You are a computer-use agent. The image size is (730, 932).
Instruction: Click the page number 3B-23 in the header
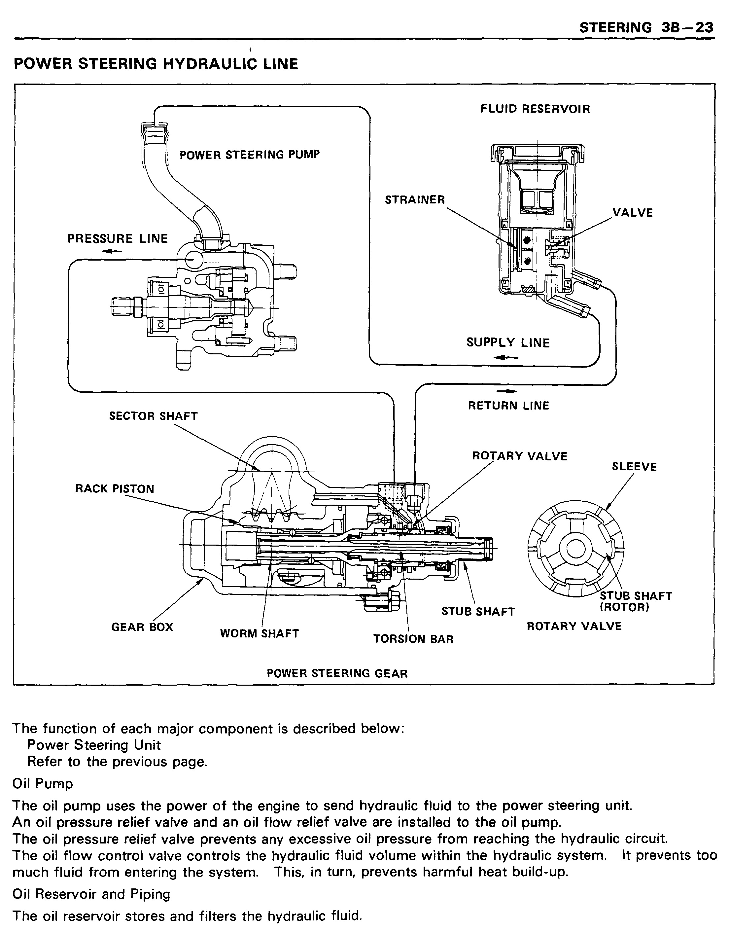(688, 28)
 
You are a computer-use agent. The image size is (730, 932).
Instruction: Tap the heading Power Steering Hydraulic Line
(156, 64)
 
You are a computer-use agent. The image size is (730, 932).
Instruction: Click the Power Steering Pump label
(250, 155)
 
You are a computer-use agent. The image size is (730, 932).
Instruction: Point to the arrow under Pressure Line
(112, 252)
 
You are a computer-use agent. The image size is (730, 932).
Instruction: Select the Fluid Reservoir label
(535, 109)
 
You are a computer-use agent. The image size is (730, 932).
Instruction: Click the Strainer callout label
(415, 200)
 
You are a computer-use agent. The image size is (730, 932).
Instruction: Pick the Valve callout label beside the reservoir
(633, 213)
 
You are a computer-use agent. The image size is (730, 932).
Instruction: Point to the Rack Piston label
(115, 489)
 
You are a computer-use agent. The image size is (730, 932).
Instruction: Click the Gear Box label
(142, 627)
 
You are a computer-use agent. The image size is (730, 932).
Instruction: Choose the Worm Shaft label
(260, 633)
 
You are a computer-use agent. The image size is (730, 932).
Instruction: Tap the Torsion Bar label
(413, 639)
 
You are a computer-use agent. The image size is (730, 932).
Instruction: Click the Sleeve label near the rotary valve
(634, 466)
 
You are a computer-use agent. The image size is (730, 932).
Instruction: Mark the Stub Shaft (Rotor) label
(636, 601)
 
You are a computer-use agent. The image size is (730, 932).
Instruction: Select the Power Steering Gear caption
(337, 674)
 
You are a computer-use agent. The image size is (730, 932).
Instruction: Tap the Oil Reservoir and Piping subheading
(91, 894)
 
